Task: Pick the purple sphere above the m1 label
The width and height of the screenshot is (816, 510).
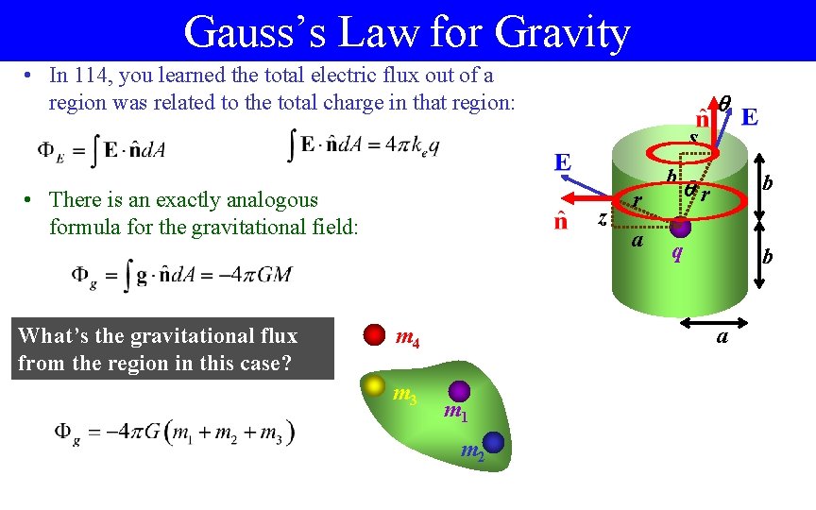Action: [x=458, y=391]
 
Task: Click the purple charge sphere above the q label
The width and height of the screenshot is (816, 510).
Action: [x=680, y=227]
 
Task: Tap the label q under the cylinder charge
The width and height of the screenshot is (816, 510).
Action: [x=675, y=252]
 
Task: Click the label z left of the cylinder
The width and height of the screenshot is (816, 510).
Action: [x=603, y=218]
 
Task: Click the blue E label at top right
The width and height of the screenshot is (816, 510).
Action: [x=750, y=117]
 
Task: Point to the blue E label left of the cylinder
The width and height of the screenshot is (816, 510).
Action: [x=562, y=161]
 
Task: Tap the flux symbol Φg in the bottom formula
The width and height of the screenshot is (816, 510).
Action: [x=66, y=433]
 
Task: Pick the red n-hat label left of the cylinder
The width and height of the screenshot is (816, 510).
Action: [x=560, y=221]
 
